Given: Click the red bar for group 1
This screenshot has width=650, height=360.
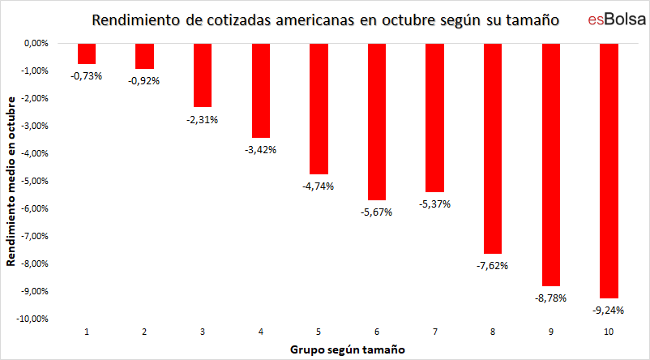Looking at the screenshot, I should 87,54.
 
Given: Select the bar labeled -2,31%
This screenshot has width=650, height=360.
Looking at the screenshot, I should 203,75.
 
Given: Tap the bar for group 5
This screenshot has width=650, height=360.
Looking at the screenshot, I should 319,109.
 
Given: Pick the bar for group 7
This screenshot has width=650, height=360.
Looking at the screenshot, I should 434,117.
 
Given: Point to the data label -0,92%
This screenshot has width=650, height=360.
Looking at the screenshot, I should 144,81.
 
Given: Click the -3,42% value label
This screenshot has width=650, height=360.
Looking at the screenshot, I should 260,150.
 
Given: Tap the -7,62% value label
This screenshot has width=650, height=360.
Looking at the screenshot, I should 492,266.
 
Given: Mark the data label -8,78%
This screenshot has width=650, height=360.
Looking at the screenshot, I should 550,298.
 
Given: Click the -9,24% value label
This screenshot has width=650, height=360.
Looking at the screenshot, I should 608,311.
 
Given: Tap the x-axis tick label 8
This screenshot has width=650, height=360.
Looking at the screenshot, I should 492,332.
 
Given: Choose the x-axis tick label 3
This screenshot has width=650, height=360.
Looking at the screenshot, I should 203,332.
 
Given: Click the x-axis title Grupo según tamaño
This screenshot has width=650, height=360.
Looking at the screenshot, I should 348,349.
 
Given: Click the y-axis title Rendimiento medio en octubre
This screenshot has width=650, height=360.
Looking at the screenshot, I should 12,182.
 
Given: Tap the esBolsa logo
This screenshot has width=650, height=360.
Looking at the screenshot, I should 611,19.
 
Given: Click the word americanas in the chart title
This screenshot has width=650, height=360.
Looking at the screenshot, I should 312,19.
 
